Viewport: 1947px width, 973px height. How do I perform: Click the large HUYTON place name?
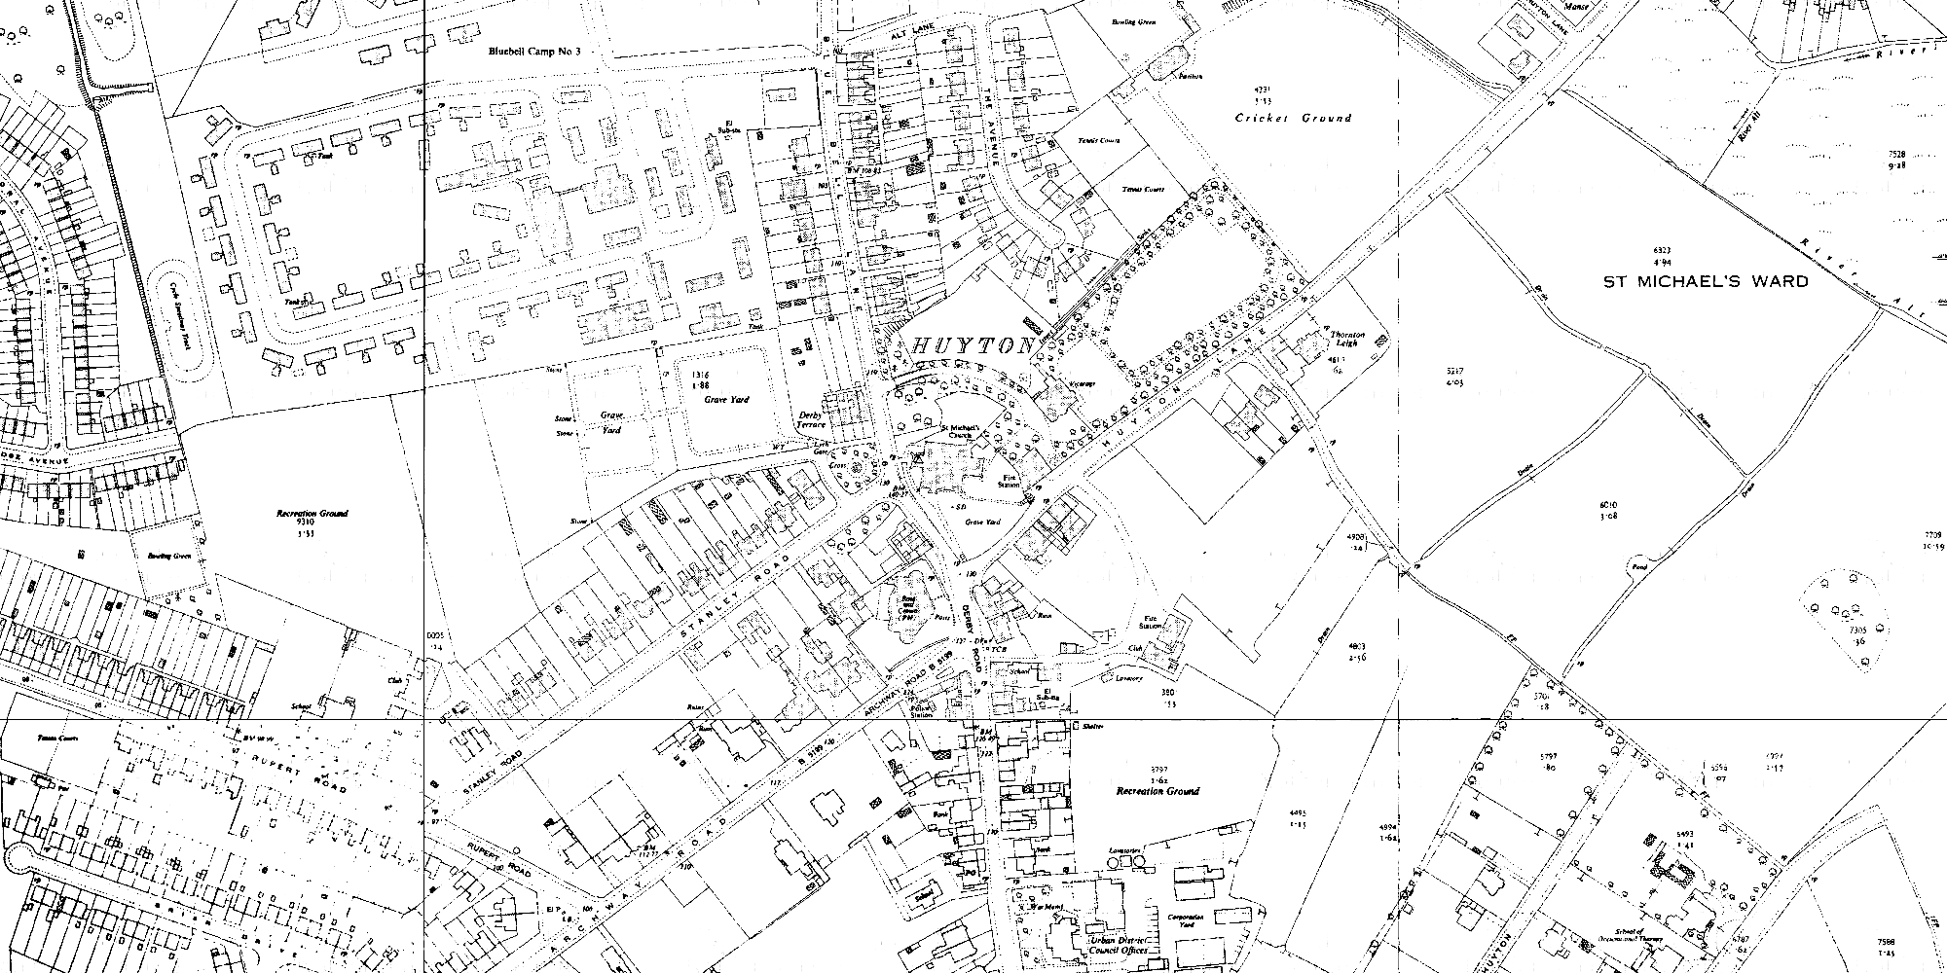[973, 346]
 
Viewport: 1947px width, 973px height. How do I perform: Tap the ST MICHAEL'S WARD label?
[1706, 281]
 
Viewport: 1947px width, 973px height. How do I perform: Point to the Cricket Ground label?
[1293, 118]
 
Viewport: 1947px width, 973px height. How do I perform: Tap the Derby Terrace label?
[811, 419]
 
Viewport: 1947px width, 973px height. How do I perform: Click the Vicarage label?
[1083, 383]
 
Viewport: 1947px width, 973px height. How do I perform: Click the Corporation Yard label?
[1188, 921]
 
